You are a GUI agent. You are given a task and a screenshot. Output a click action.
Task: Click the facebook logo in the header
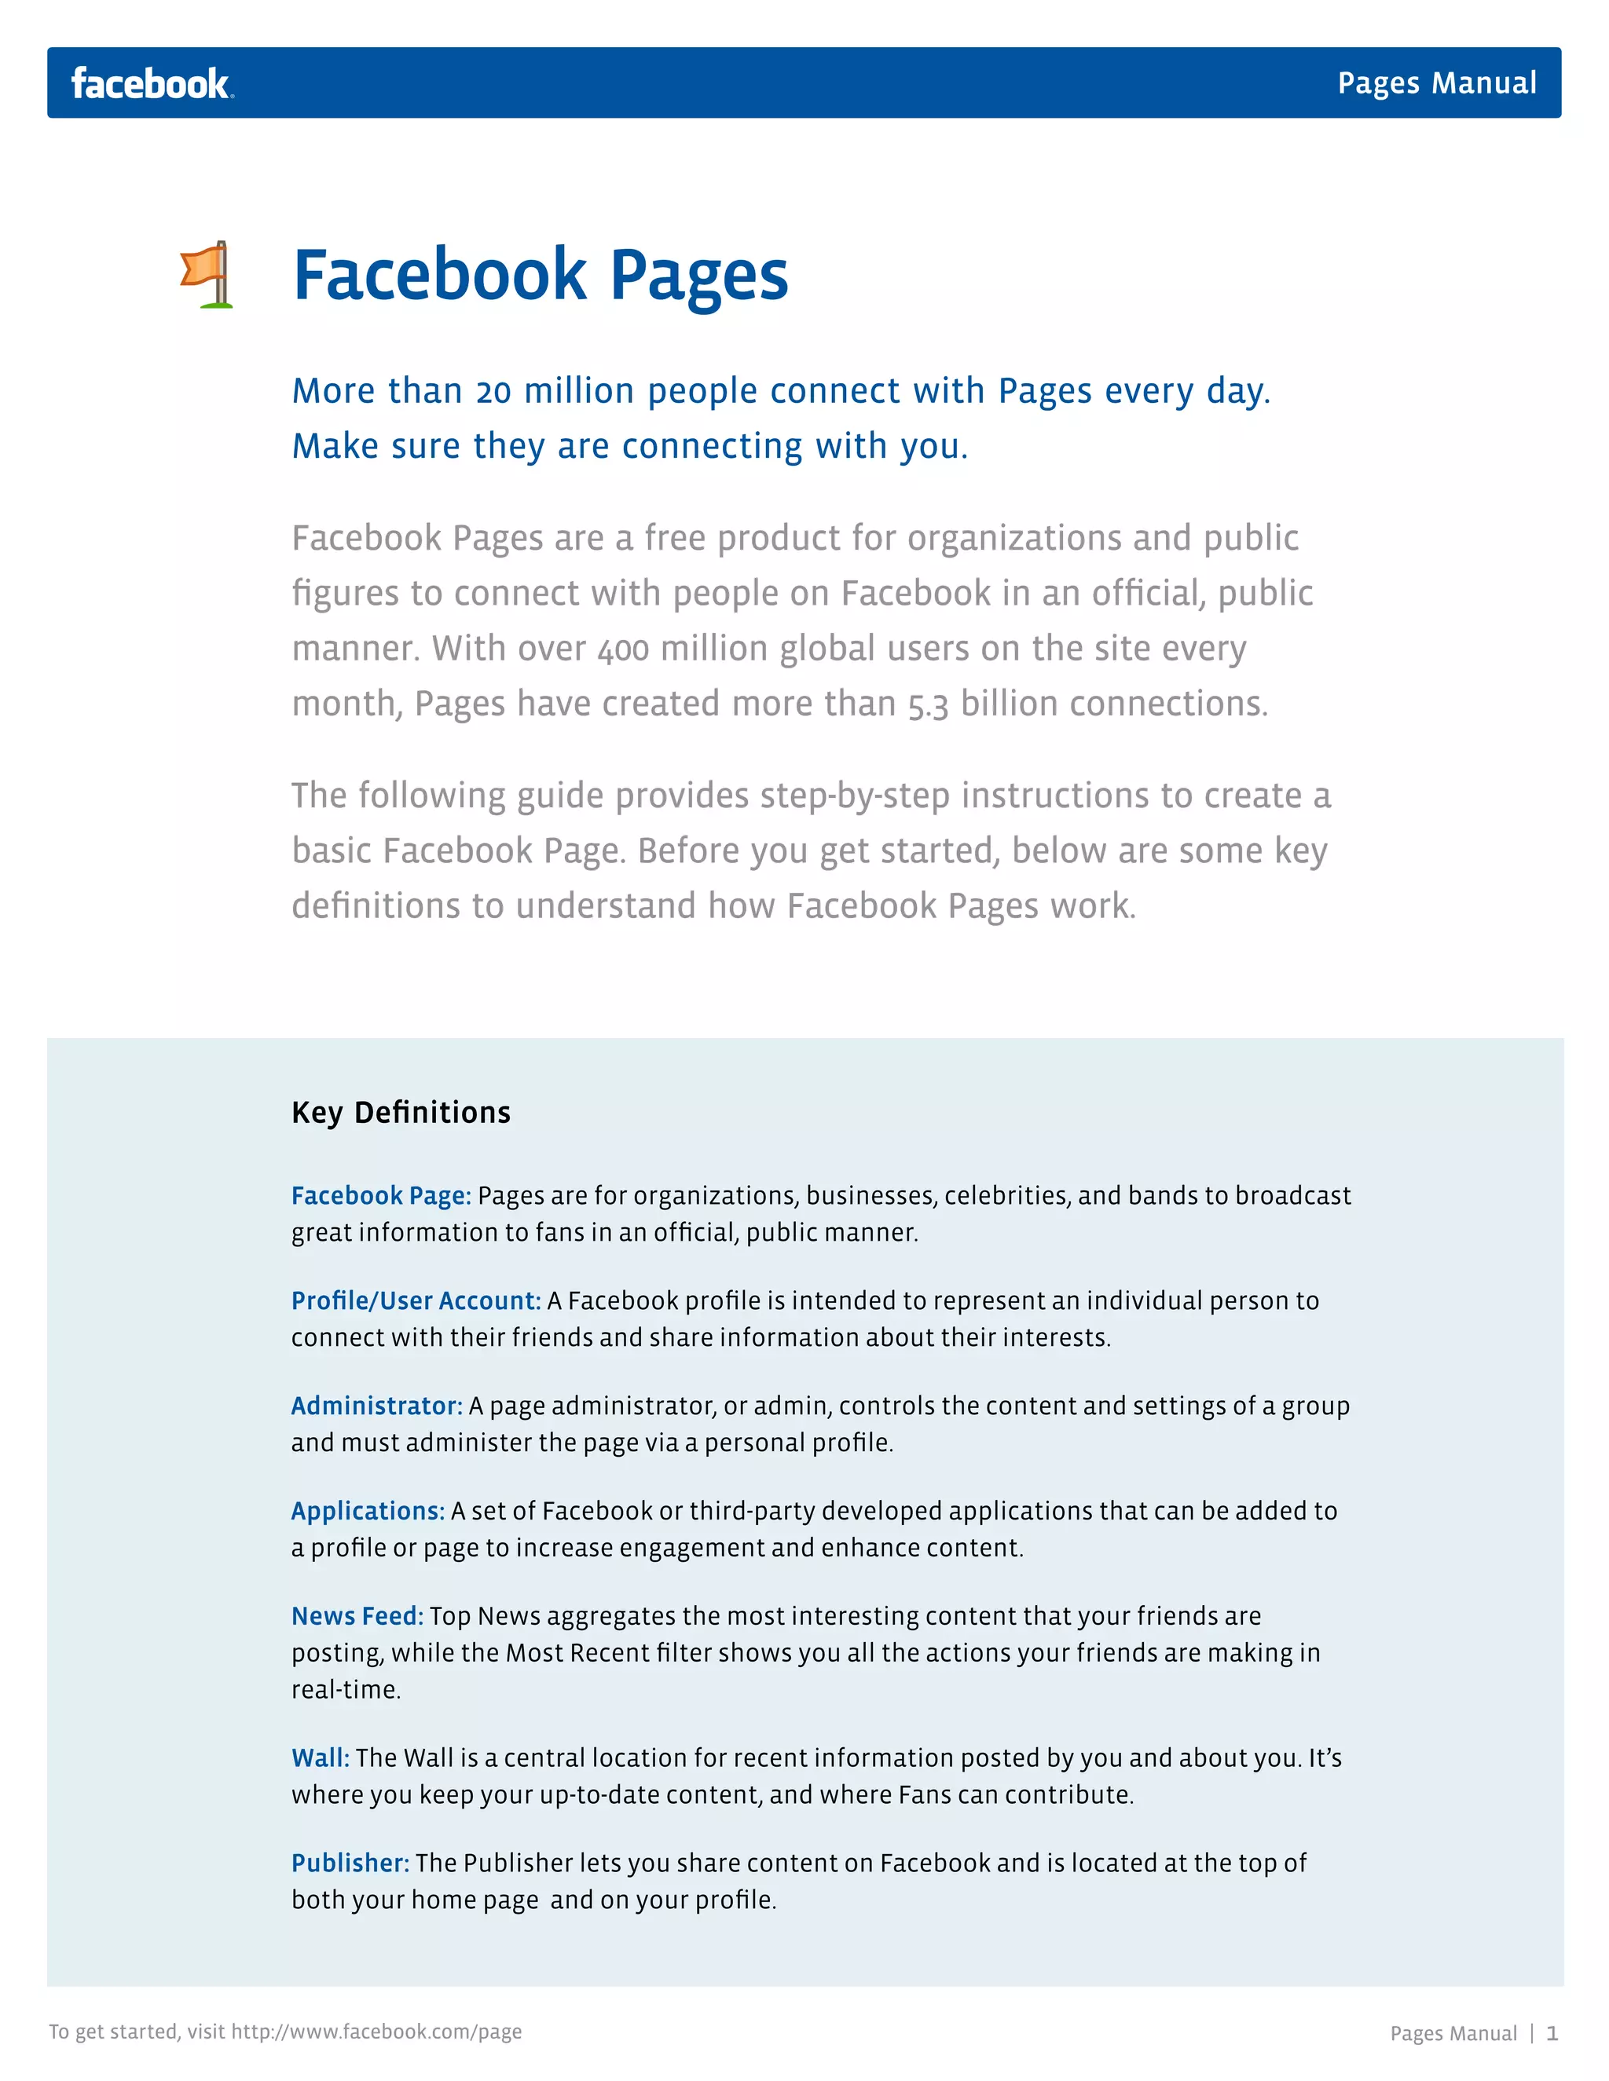(x=152, y=84)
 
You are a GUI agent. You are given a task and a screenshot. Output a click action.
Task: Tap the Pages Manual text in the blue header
(x=1436, y=83)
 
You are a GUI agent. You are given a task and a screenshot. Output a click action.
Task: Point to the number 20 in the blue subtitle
(x=493, y=392)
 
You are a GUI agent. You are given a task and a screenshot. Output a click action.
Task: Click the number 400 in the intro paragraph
(x=623, y=650)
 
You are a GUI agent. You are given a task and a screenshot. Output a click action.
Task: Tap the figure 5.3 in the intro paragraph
(x=928, y=705)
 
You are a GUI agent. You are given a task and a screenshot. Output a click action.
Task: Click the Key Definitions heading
(x=401, y=1112)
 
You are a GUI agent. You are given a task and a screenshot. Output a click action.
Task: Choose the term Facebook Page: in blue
(x=381, y=1196)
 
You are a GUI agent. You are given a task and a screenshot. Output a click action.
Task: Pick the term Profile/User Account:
(x=416, y=1300)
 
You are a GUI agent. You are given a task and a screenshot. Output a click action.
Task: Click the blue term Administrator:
(x=376, y=1406)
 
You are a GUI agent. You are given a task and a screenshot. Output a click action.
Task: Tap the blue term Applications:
(x=368, y=1510)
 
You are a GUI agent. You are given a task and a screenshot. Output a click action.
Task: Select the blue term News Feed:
(x=357, y=1616)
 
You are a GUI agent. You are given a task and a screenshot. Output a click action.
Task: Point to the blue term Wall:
(x=321, y=1758)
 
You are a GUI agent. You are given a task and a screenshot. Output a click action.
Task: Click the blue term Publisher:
(x=350, y=1863)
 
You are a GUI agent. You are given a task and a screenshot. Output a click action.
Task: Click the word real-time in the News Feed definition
(x=345, y=1689)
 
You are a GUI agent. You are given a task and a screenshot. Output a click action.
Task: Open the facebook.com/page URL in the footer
(x=376, y=2032)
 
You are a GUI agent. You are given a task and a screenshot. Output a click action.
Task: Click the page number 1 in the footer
(x=1552, y=2033)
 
